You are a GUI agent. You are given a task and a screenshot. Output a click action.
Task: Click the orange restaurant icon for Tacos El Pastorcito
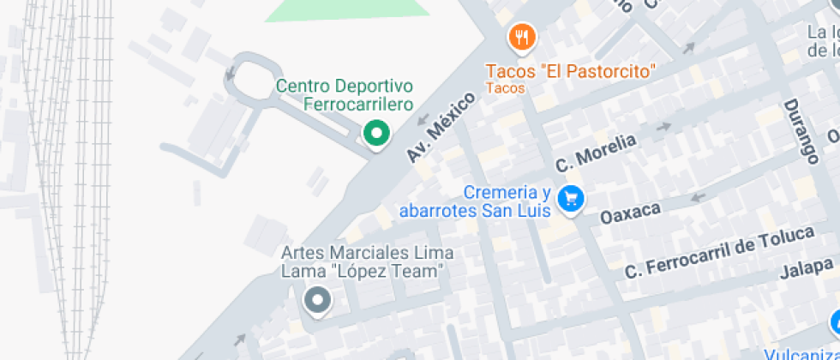pyautogui.click(x=521, y=38)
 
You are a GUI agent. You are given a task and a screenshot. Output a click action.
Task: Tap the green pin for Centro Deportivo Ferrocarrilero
pyautogui.click(x=375, y=134)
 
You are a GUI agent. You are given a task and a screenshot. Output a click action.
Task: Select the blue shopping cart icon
pyautogui.click(x=570, y=199)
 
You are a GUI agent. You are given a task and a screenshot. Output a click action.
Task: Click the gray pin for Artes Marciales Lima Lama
pyautogui.click(x=318, y=300)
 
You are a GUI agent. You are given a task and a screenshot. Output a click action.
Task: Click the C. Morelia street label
pyautogui.click(x=596, y=153)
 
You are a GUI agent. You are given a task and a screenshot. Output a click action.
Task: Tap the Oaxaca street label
pyautogui.click(x=630, y=212)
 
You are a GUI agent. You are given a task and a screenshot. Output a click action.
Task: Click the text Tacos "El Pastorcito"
pyautogui.click(x=570, y=70)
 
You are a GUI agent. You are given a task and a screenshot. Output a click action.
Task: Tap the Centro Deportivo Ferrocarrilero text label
pyautogui.click(x=345, y=95)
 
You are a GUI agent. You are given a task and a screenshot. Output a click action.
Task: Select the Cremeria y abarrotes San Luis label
pyautogui.click(x=474, y=201)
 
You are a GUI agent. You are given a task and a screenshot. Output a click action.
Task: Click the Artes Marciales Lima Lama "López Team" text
pyautogui.click(x=367, y=262)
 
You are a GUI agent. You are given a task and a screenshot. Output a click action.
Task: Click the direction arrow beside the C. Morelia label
pyautogui.click(x=663, y=128)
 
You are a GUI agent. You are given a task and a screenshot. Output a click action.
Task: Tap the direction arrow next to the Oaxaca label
pyautogui.click(x=698, y=198)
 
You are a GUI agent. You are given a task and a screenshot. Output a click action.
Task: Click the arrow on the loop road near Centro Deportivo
pyautogui.click(x=230, y=74)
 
